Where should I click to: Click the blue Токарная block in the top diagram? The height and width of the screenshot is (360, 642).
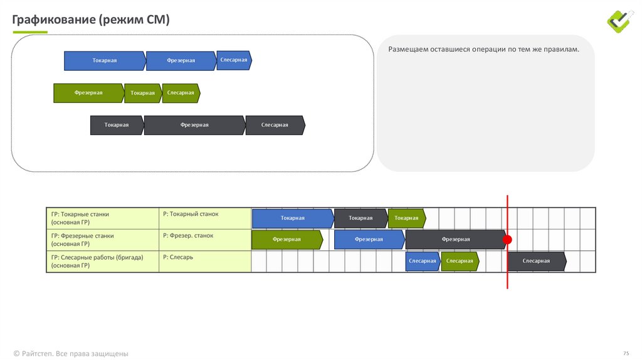pyautogui.click(x=105, y=61)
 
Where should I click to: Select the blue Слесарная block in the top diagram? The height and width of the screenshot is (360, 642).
pyautogui.click(x=234, y=60)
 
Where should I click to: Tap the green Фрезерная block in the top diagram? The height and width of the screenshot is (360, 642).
pyautogui.click(x=89, y=93)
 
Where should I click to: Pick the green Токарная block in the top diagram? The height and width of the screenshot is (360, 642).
pyautogui.click(x=143, y=93)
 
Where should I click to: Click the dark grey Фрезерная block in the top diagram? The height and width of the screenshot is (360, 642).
pyautogui.click(x=195, y=125)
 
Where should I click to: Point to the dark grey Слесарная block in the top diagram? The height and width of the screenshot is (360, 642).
pyautogui.click(x=275, y=125)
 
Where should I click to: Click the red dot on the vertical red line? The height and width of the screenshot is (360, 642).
pyautogui.click(x=507, y=240)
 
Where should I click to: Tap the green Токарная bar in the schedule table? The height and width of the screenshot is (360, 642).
pyautogui.click(x=407, y=218)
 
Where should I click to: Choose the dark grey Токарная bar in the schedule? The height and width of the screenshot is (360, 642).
pyautogui.click(x=360, y=218)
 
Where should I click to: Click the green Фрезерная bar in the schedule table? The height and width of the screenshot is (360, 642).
pyautogui.click(x=287, y=240)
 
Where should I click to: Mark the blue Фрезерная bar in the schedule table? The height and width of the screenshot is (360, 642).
pyautogui.click(x=369, y=240)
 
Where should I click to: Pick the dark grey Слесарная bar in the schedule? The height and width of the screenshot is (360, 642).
pyautogui.click(x=537, y=262)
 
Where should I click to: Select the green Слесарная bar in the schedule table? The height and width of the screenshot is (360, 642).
pyautogui.click(x=460, y=262)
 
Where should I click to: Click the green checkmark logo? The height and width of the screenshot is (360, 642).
pyautogui.click(x=620, y=21)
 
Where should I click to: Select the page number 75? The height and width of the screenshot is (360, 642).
pyautogui.click(x=626, y=353)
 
